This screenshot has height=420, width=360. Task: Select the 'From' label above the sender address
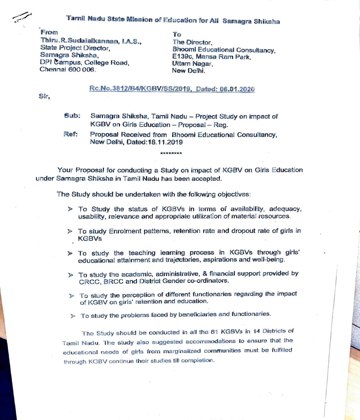click(x=49, y=32)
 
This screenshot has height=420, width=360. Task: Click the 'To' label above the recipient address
click(x=177, y=35)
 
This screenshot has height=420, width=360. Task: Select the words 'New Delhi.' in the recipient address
click(x=188, y=71)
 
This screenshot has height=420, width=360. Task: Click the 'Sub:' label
click(x=72, y=116)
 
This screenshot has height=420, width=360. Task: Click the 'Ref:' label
click(x=71, y=134)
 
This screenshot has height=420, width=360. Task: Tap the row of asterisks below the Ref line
click(x=171, y=153)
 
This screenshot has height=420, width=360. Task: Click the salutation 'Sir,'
click(x=44, y=96)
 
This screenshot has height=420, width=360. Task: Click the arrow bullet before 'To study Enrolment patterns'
click(x=70, y=231)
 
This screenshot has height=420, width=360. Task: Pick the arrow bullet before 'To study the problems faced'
click(x=73, y=316)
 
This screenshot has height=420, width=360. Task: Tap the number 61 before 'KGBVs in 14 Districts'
click(x=214, y=332)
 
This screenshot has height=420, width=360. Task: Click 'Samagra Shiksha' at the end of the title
click(x=251, y=21)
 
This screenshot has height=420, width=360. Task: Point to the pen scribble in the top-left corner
click(x=22, y=17)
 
